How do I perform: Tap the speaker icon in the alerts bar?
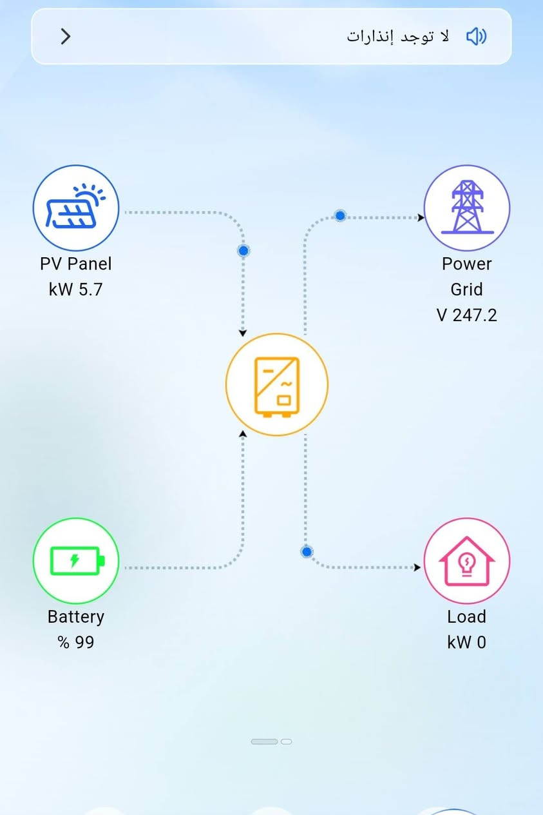pyautogui.click(x=476, y=36)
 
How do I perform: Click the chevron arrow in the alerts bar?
pyautogui.click(x=66, y=36)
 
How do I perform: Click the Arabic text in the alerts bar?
pyautogui.click(x=397, y=37)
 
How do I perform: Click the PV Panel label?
pyautogui.click(x=75, y=264)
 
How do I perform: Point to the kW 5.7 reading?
pyautogui.click(x=75, y=290)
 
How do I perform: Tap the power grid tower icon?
pyautogui.click(x=467, y=208)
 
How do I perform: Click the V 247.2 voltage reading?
pyautogui.click(x=467, y=315)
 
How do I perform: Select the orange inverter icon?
pyautogui.click(x=277, y=384)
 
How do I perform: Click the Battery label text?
pyautogui.click(x=76, y=617)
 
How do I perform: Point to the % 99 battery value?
pyautogui.click(x=76, y=642)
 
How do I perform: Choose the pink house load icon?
pyautogui.click(x=467, y=561)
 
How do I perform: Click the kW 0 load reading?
pyautogui.click(x=467, y=642)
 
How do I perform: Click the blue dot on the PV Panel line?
pyautogui.click(x=243, y=250)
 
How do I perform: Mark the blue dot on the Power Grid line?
pyautogui.click(x=340, y=216)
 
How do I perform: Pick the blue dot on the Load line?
pyautogui.click(x=307, y=551)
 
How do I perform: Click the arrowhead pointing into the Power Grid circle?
pyautogui.click(x=421, y=217)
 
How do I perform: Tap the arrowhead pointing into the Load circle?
pyautogui.click(x=417, y=567)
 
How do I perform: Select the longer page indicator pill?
pyautogui.click(x=264, y=741)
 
